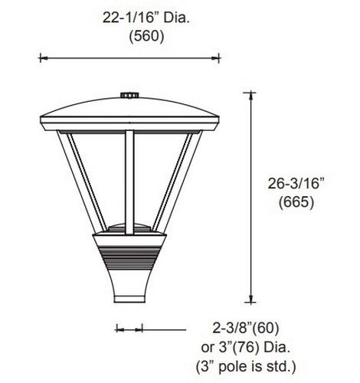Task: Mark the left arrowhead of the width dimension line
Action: [x=42, y=57]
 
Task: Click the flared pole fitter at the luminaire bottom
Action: [x=129, y=287]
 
